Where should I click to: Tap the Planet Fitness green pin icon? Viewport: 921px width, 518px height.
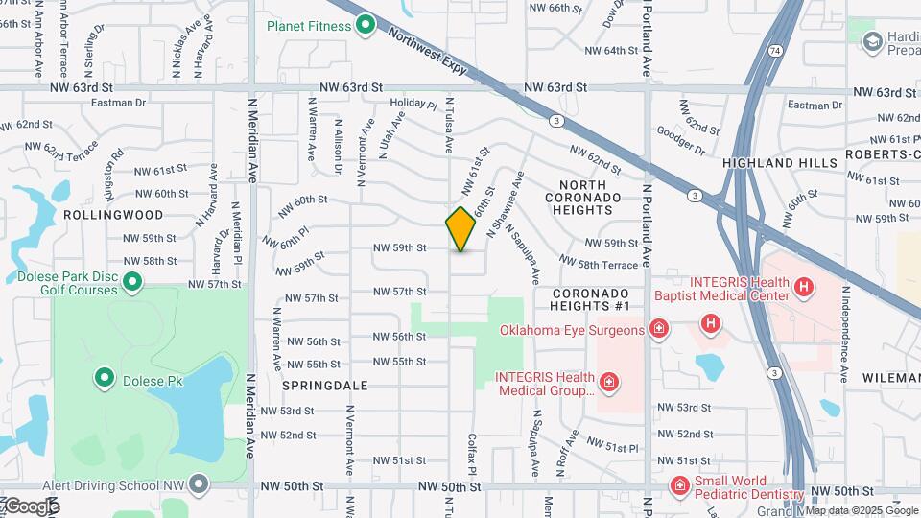365,25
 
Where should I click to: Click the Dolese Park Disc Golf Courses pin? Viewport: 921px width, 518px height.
133,282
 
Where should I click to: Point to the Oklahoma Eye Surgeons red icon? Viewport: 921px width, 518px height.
659,330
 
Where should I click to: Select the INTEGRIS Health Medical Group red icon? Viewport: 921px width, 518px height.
608,383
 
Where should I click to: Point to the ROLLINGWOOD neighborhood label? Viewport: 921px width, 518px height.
107,215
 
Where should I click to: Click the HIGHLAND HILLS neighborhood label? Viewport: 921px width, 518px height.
780,163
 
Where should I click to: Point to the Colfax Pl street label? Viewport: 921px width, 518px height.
472,455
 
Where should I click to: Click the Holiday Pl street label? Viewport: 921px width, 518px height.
413,105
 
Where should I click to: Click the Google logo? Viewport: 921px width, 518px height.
31,506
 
